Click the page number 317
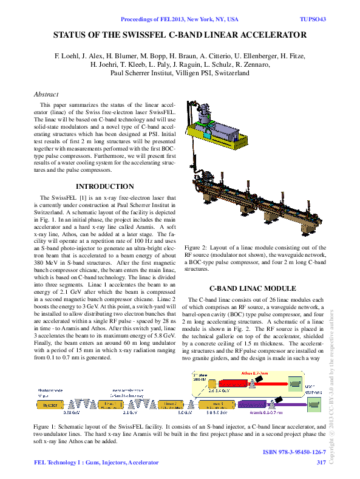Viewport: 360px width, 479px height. pyautogui.click(x=321, y=463)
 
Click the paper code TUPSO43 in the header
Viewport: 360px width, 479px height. pyautogui.click(x=313, y=19)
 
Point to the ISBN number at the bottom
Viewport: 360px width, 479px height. pyautogui.click(x=294, y=452)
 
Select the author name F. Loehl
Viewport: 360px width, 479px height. pyautogui.click(x=68, y=55)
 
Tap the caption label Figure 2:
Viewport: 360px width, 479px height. pyautogui.click(x=198, y=248)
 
